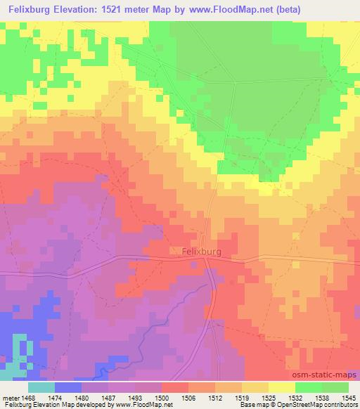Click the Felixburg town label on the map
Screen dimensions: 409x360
point(197,250)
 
